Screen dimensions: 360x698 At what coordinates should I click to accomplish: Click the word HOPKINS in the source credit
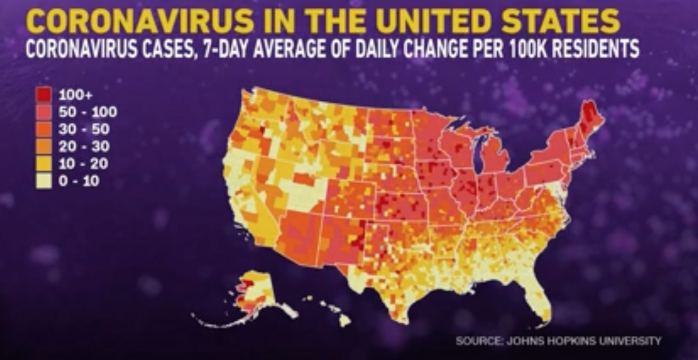coord(569,341)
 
